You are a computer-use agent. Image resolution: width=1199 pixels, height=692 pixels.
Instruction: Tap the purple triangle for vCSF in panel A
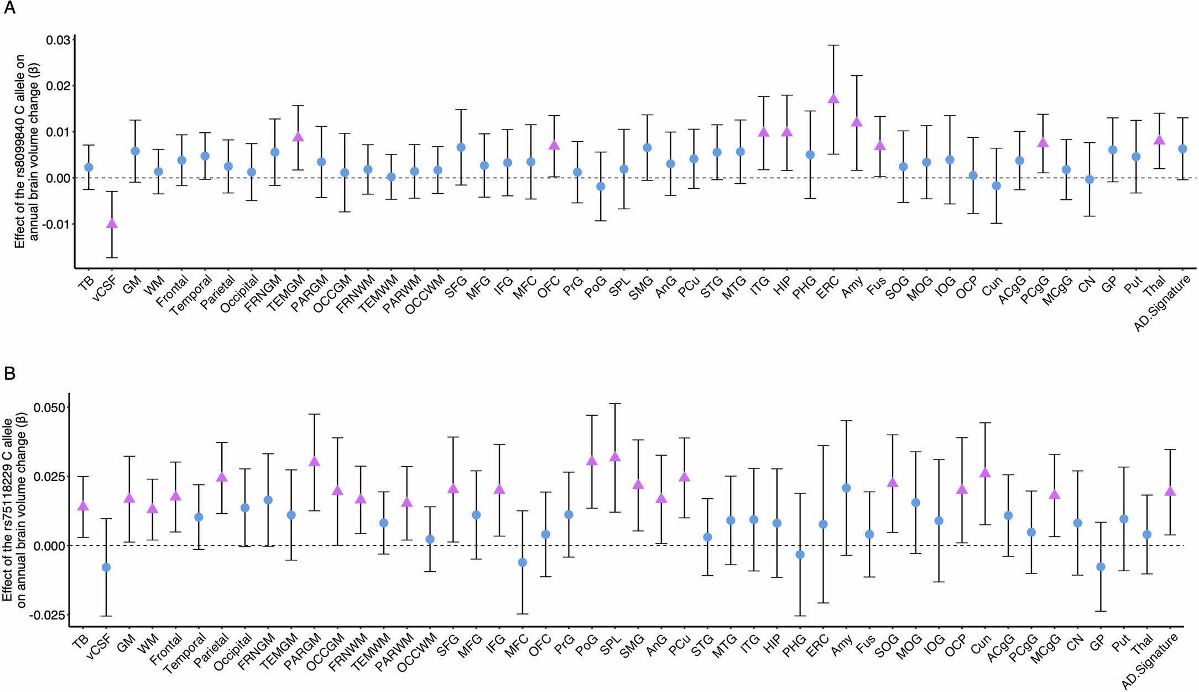coord(112,224)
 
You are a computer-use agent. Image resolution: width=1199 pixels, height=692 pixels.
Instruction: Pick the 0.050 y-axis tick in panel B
coord(50,407)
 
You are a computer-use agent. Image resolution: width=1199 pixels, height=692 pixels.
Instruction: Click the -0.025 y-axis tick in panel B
coord(48,616)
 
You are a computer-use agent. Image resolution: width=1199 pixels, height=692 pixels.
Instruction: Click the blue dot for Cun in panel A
coord(997,186)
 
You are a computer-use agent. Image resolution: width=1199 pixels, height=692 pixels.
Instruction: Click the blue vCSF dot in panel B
coord(106,567)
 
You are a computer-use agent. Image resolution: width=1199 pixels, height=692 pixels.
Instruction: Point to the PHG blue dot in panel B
coord(800,555)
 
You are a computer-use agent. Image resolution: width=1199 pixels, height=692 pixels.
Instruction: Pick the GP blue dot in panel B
coord(1101,567)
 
